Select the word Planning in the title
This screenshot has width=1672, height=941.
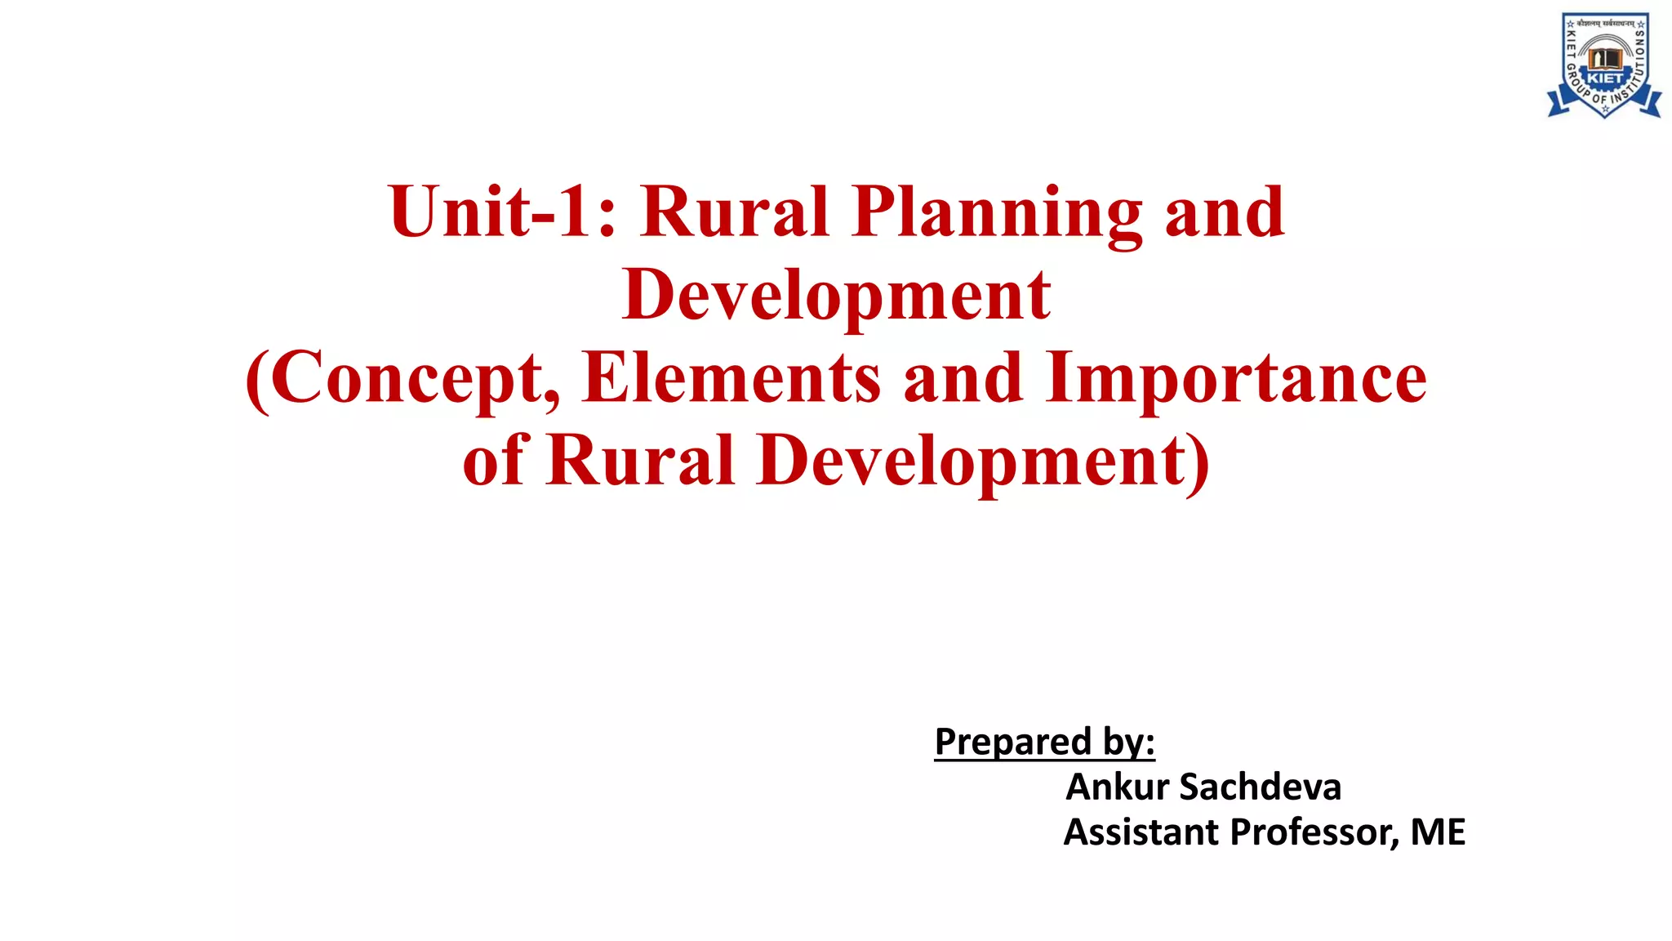click(x=997, y=214)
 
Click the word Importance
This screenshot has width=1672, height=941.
click(x=1236, y=379)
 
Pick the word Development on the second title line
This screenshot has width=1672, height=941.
click(x=836, y=295)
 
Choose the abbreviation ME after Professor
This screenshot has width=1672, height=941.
click(x=1438, y=832)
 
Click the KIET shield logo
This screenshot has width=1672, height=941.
click(x=1604, y=65)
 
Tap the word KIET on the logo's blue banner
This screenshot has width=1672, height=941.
click(x=1604, y=78)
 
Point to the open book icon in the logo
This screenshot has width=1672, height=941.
click(x=1604, y=58)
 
